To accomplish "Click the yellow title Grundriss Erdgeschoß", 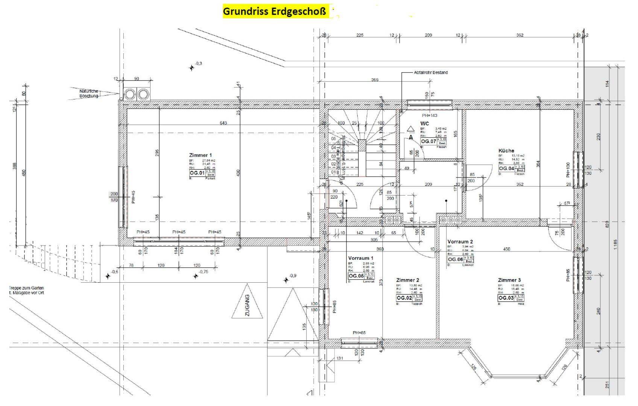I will click(275, 11).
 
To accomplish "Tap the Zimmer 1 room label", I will click(201, 155).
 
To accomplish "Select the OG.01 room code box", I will click(197, 173).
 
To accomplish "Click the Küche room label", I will click(506, 151).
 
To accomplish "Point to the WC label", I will click(424, 124).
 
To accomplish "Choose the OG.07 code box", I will click(428, 141).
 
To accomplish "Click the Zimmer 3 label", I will click(509, 280).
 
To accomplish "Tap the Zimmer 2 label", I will click(407, 280).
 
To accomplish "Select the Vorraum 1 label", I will click(360, 258).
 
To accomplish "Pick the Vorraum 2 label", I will click(460, 242).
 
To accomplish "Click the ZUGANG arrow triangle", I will click(247, 306).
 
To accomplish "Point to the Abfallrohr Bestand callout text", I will click(431, 73).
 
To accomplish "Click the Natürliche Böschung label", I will click(89, 93).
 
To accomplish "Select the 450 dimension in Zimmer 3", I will click(507, 249).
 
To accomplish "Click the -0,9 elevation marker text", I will click(292, 276).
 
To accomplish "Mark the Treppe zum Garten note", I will click(26, 290).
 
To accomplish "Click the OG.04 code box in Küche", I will click(506, 168).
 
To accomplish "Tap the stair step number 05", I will click(333, 139).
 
